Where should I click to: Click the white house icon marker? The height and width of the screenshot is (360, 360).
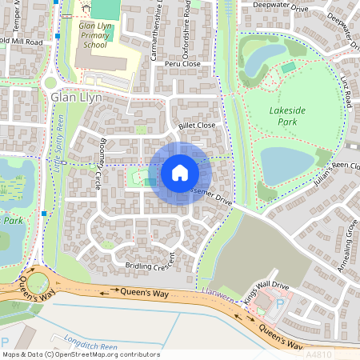(180, 172)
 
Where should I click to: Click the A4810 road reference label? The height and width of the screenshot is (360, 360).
(342, 353)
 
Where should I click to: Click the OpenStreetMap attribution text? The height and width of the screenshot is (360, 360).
(80, 354)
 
